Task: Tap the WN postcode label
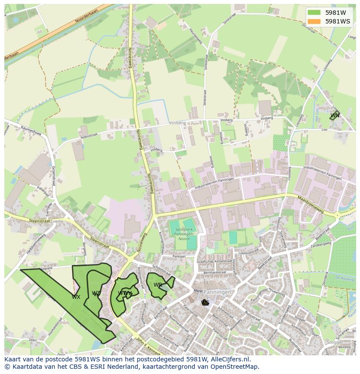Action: coord(334,116)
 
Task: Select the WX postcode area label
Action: coord(76,297)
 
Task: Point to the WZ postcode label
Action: coord(96,294)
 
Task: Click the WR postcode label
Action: coord(157,285)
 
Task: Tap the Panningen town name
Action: coord(217,292)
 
